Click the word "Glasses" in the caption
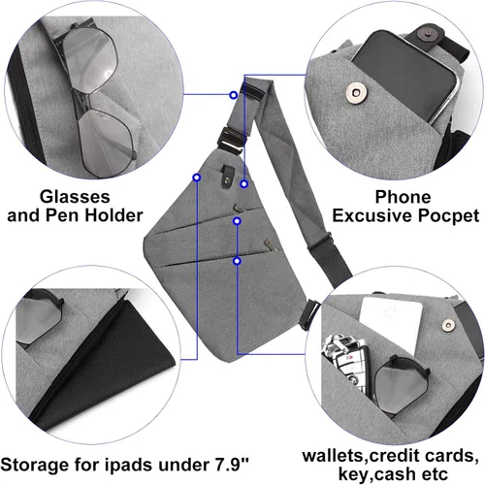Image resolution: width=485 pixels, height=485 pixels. (75, 197)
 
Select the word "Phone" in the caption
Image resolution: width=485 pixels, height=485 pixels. (403, 197)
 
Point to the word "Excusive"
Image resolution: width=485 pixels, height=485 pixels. (372, 215)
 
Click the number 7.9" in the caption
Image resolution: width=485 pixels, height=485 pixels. (232, 465)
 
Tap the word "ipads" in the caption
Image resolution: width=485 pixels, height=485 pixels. (129, 466)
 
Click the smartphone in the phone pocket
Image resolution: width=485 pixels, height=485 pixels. (405, 76)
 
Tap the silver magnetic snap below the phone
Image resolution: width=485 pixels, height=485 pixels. (356, 93)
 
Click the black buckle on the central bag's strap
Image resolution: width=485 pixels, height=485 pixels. (234, 138)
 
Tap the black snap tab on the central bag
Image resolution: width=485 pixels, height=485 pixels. (228, 177)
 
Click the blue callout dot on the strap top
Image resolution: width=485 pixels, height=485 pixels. (234, 95)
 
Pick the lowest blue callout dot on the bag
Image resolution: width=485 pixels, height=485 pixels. (238, 261)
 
